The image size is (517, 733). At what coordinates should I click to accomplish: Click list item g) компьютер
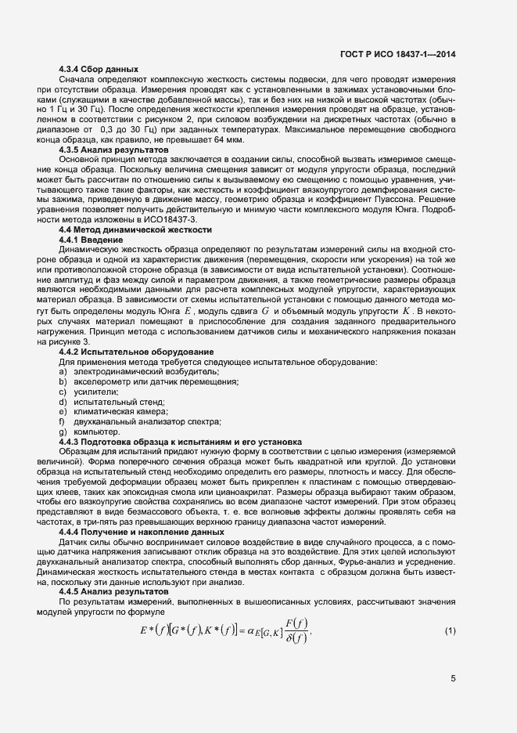(89, 431)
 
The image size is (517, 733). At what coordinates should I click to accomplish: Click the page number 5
(453, 678)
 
